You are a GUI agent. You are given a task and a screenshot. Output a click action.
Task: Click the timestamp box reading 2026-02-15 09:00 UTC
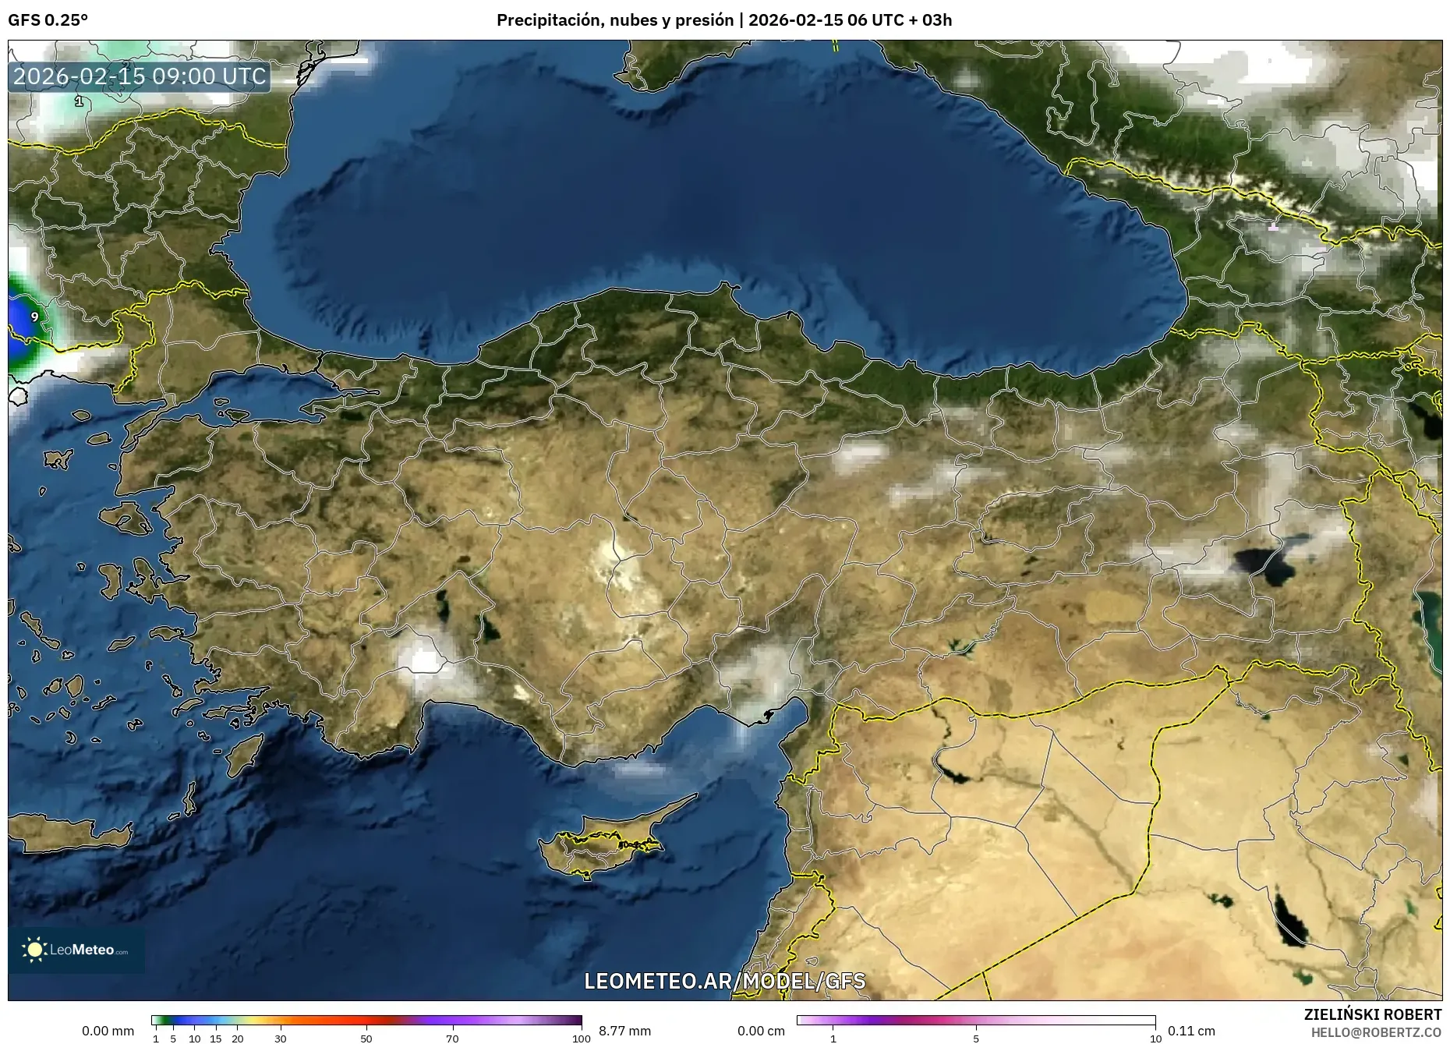pos(140,76)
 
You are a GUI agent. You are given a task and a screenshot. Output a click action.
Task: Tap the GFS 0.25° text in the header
pos(48,20)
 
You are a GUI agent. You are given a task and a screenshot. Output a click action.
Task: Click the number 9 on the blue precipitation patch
pos(35,317)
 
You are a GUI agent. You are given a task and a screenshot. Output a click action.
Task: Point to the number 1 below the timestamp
pos(79,101)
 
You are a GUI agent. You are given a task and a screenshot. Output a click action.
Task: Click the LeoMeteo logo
pos(76,950)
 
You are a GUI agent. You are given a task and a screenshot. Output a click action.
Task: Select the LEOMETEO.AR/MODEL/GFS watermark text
pos(725,981)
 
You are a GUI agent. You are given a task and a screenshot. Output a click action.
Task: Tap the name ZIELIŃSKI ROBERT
pos(1372,1014)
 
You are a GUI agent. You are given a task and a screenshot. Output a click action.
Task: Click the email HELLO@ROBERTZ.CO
pos(1376,1032)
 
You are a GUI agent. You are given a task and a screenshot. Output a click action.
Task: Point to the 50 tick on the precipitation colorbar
pos(366,1038)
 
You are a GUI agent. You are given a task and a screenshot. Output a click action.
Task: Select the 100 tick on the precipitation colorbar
pos(581,1038)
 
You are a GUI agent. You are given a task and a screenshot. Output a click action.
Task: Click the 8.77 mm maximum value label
pos(624,1031)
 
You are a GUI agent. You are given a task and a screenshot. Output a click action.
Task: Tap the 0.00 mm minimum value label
pos(108,1031)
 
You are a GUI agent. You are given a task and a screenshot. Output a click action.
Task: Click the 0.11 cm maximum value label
pos(1191,1031)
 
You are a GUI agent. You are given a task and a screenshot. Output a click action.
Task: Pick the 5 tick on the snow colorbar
pos(976,1038)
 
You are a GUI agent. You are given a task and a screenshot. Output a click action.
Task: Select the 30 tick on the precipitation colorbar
pos(281,1038)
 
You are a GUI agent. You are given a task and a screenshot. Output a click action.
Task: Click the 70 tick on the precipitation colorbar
pos(452,1038)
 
